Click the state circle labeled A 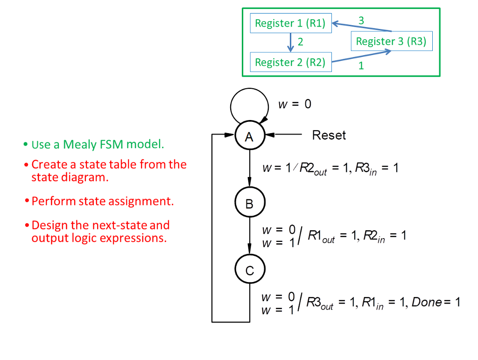pos(249,136)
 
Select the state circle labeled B pos(249,203)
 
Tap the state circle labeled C pos(249,270)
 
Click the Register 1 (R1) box pos(291,23)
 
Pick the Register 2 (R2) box pos(290,62)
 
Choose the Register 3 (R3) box pos(391,41)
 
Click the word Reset pos(329,135)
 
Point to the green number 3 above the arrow pos(361,20)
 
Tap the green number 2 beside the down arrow pos(300,42)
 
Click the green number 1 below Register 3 pos(361,66)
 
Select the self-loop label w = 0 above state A pos(295,104)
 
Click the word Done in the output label pos(426,302)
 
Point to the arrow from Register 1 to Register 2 pos(290,42)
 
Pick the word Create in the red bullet pos(48,164)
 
